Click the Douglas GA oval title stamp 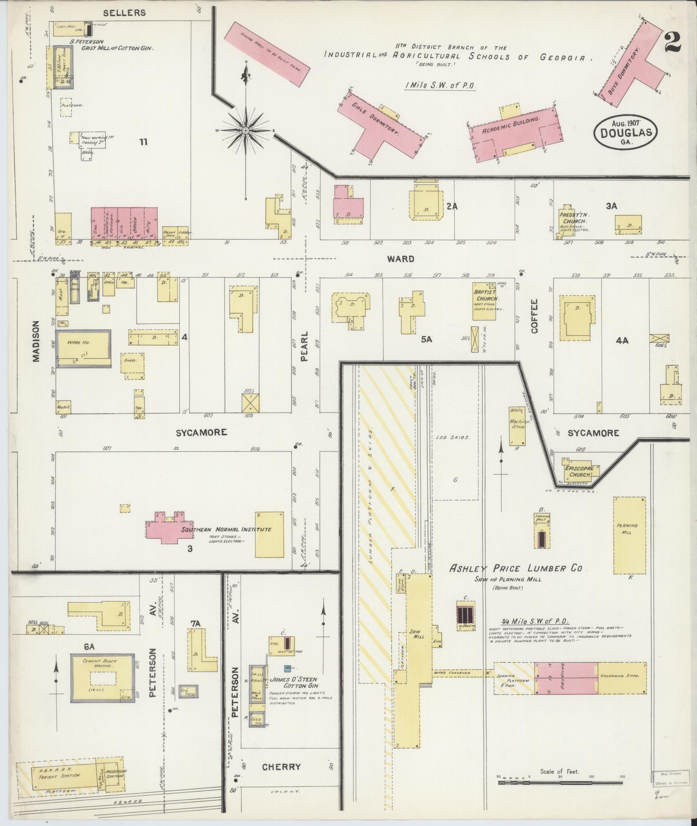[625, 133]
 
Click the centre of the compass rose [245, 130]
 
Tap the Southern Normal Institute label [226, 529]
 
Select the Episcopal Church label [577, 471]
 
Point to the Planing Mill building [629, 535]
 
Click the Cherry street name [281, 767]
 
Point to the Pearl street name [304, 347]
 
